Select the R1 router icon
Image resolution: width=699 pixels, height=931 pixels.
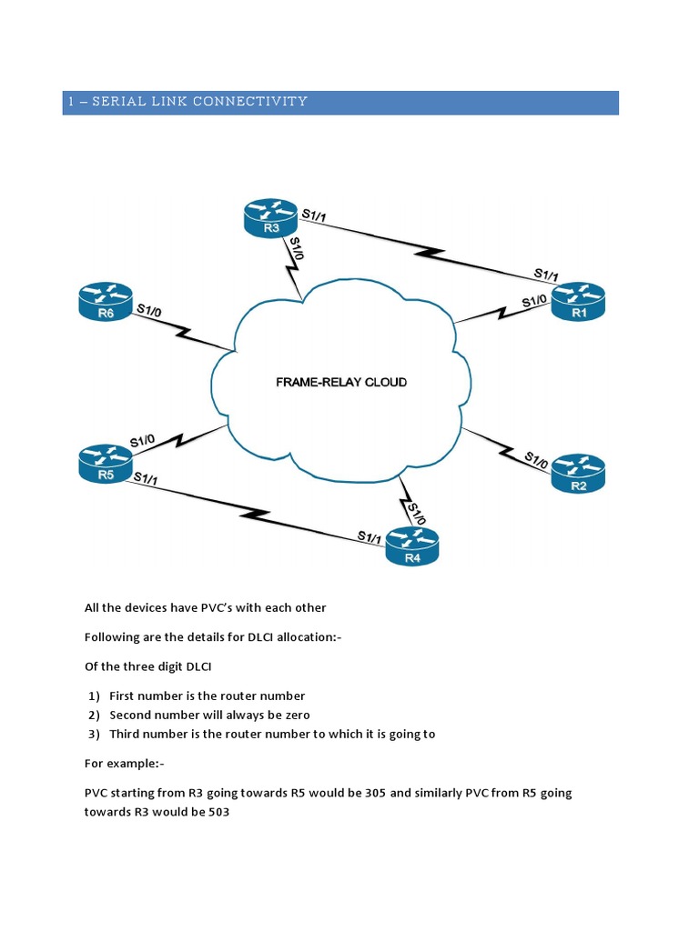(578, 302)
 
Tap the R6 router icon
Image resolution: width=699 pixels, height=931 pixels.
(106, 302)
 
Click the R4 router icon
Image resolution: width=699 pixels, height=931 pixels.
(412, 547)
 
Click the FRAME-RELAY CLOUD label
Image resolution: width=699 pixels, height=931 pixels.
(341, 383)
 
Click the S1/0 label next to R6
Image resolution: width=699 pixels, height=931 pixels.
(148, 311)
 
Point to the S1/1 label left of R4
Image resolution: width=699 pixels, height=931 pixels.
(370, 537)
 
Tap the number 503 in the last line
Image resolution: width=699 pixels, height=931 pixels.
(216, 813)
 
